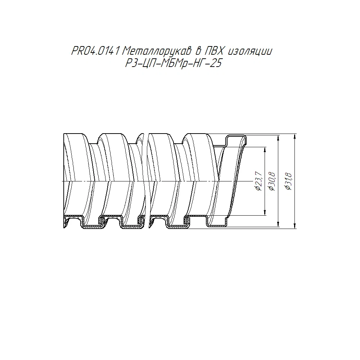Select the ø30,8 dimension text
pyautogui.click(x=272, y=181)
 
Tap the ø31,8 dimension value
pyautogui.click(x=288, y=181)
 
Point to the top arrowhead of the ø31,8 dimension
pyautogui.click(x=295, y=136)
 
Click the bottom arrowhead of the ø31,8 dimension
pyautogui.click(x=295, y=226)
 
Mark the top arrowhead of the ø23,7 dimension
pyautogui.click(x=265, y=150)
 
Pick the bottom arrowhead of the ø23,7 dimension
pyautogui.click(x=265, y=213)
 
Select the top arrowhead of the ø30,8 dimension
pyautogui.click(x=279, y=138)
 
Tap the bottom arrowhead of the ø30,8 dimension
pyautogui.click(x=279, y=224)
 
